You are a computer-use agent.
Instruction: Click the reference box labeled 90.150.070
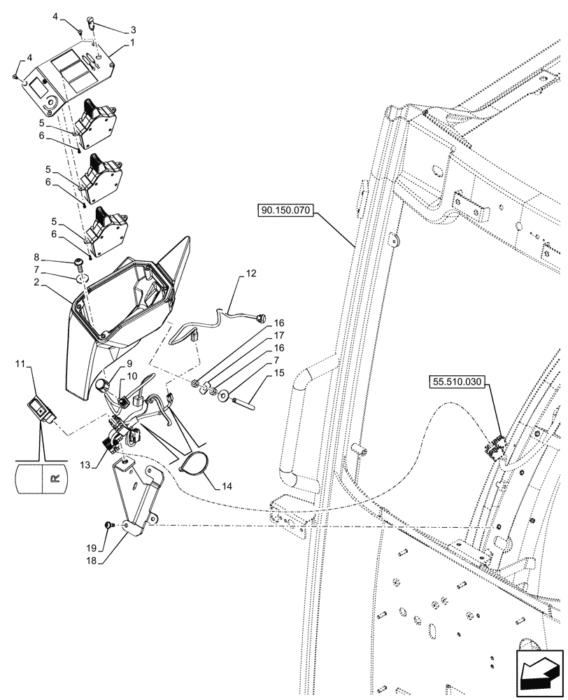pos(288,209)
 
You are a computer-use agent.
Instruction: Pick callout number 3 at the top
pos(132,30)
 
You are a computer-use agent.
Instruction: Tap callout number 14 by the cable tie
pos(229,484)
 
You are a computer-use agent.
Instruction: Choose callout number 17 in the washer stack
pos(278,336)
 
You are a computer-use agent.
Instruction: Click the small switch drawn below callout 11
pos(41,409)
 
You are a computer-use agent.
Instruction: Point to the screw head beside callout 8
pos(79,262)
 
